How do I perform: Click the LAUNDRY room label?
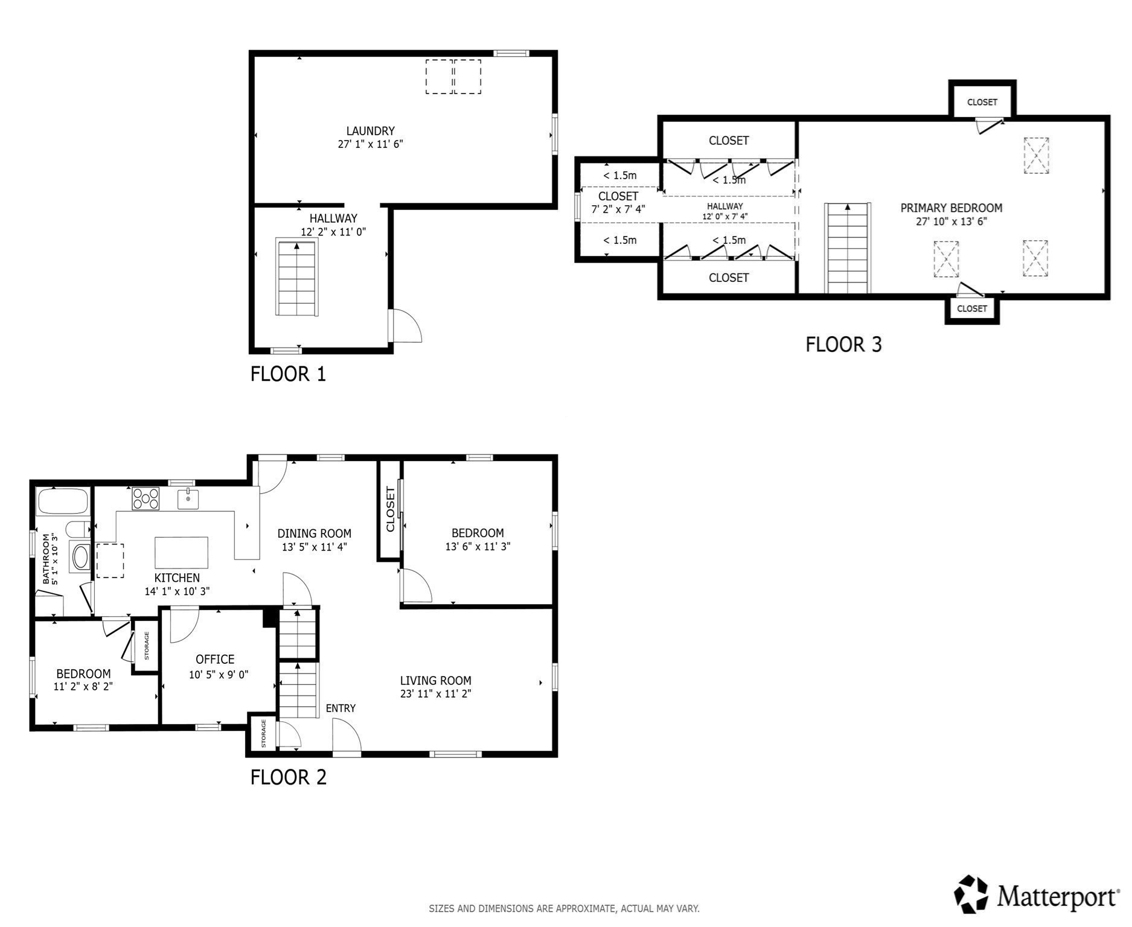(x=370, y=131)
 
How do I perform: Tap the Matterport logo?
(x=1036, y=894)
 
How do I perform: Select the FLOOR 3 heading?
(x=843, y=345)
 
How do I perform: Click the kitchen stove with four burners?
(x=146, y=499)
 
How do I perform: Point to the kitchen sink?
(x=188, y=500)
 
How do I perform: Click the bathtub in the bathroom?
(x=63, y=502)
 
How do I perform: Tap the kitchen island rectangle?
(x=182, y=553)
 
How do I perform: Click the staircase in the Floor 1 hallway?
(x=297, y=277)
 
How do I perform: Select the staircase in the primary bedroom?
(x=848, y=248)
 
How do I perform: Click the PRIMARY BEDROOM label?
(x=951, y=208)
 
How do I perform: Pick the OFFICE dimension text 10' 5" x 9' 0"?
(x=219, y=675)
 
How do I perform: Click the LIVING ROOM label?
(x=435, y=681)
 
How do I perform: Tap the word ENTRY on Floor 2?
(x=341, y=709)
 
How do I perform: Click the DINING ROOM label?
(x=314, y=534)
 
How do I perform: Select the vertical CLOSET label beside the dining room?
(x=390, y=509)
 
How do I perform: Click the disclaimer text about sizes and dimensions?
(x=564, y=908)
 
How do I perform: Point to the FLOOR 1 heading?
(x=288, y=374)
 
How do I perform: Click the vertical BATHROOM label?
(x=46, y=558)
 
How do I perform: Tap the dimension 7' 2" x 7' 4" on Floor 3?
(x=618, y=209)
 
